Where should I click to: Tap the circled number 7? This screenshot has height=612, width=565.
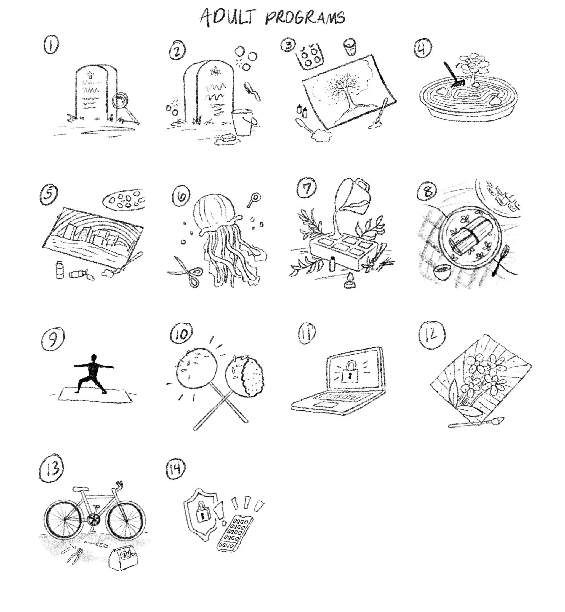tap(307, 188)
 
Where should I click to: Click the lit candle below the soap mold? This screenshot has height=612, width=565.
tap(348, 281)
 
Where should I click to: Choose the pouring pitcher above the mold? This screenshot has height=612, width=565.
tap(354, 197)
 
